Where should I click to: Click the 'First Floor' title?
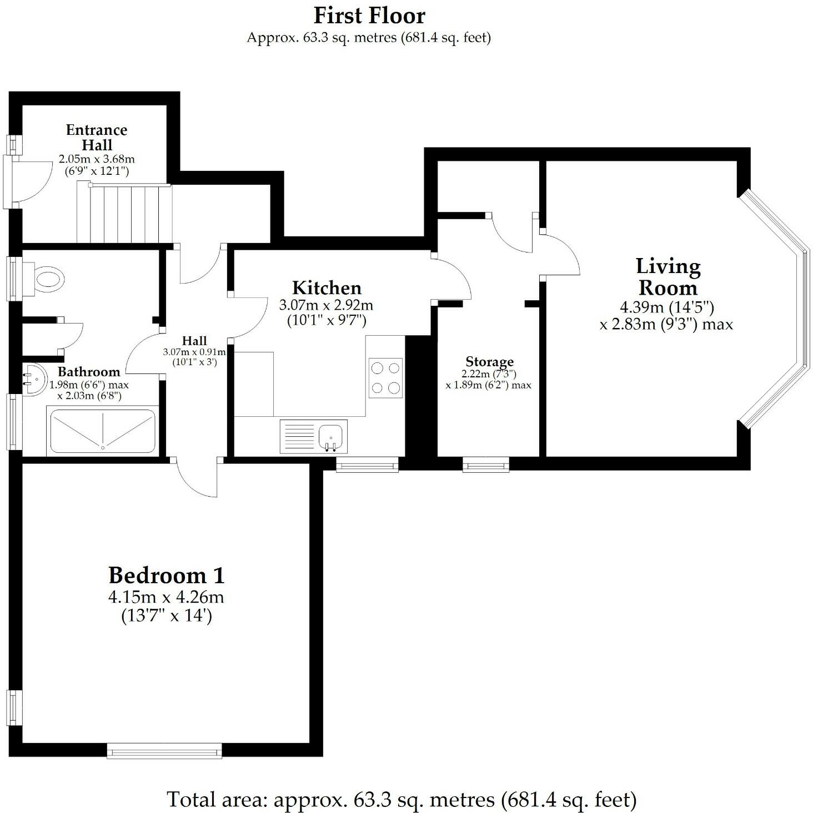pyautogui.click(x=369, y=16)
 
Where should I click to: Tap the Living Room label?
pyautogui.click(x=668, y=277)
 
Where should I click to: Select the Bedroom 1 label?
pyautogui.click(x=166, y=575)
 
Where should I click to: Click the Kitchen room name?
pyautogui.click(x=327, y=287)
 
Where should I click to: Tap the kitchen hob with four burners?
pyautogui.click(x=385, y=377)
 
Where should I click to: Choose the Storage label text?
pyautogui.click(x=489, y=362)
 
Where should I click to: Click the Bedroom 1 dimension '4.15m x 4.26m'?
pyautogui.click(x=166, y=598)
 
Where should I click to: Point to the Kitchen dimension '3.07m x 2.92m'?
pyautogui.click(x=326, y=305)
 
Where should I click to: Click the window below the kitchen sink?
pyautogui.click(x=367, y=464)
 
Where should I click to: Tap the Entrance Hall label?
pyautogui.click(x=97, y=137)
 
